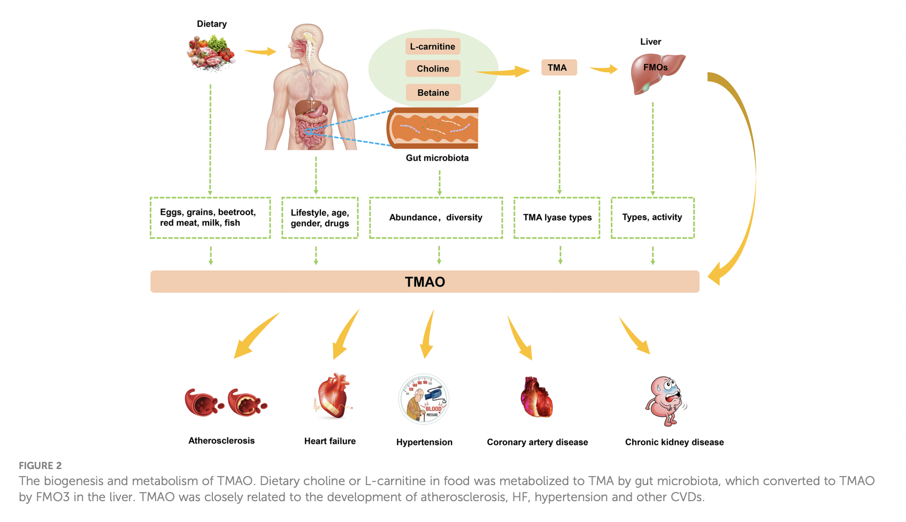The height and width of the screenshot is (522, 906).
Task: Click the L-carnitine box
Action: (432, 47)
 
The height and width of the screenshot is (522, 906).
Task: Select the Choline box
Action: (433, 68)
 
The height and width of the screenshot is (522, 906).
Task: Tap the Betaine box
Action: (433, 93)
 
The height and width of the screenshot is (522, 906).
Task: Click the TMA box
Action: (558, 67)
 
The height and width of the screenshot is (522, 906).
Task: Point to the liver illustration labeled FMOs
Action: (656, 73)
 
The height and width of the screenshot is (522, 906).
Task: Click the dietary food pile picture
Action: (211, 52)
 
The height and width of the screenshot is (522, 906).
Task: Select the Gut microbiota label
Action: (437, 158)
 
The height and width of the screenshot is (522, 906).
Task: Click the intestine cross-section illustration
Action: (433, 128)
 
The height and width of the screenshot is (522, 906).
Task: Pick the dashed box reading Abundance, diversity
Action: (436, 217)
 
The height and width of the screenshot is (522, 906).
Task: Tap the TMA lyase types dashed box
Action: (557, 217)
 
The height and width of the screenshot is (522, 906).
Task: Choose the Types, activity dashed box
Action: (652, 217)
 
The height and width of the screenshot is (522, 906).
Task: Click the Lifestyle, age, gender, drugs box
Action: (319, 218)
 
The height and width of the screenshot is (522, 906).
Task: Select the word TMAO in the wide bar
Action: (425, 282)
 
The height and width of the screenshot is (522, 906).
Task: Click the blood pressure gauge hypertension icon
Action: (424, 399)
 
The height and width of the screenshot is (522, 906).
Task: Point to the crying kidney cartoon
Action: (665, 400)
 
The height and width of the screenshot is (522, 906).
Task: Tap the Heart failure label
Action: (329, 441)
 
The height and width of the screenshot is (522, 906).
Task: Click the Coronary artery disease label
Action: (537, 442)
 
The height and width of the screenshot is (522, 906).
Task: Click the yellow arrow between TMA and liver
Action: (603, 69)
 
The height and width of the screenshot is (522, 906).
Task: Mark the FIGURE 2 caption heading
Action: (40, 465)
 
